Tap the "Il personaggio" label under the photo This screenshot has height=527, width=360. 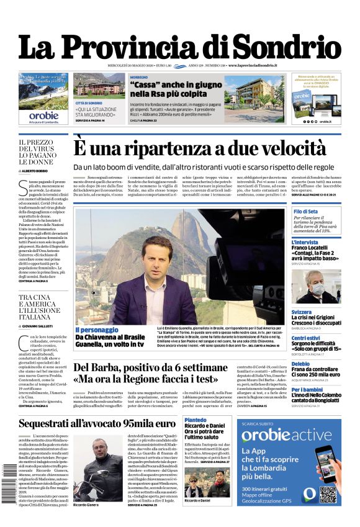point(96,330)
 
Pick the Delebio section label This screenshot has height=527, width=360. point(300,364)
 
